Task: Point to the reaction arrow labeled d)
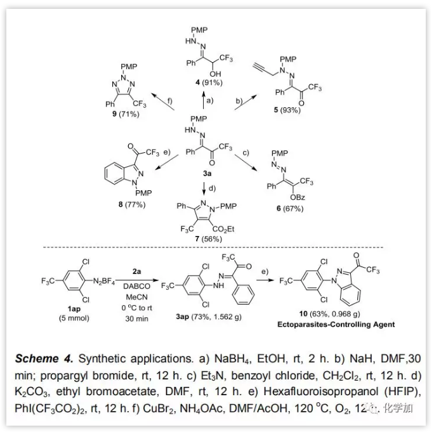[x=205, y=188]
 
